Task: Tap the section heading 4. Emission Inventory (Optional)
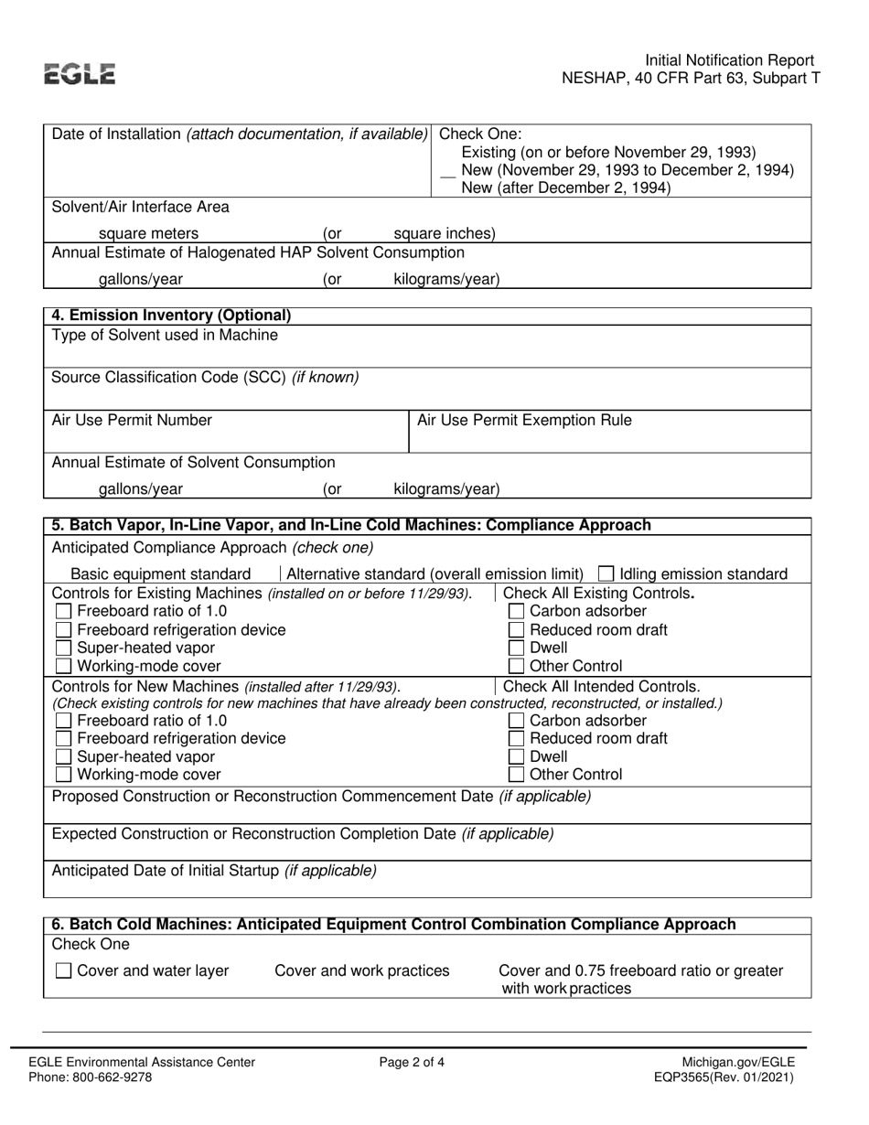[x=171, y=316]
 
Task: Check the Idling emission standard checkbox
[x=606, y=574]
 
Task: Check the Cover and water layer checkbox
[x=63, y=970]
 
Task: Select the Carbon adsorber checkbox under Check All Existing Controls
[x=516, y=611]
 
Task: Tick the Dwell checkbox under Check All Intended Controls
[x=516, y=756]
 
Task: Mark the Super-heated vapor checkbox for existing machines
[x=63, y=648]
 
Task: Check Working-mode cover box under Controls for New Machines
[x=63, y=775]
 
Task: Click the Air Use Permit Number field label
[x=132, y=420]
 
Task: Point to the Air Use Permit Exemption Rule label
[x=524, y=420]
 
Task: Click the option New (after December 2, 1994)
[x=566, y=187]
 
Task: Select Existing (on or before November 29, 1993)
[x=609, y=152]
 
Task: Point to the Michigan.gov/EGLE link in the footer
[x=738, y=1062]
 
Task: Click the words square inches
[x=444, y=233]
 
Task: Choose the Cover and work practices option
[x=362, y=970]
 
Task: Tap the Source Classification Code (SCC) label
[x=205, y=377]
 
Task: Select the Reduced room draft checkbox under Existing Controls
[x=516, y=629]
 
